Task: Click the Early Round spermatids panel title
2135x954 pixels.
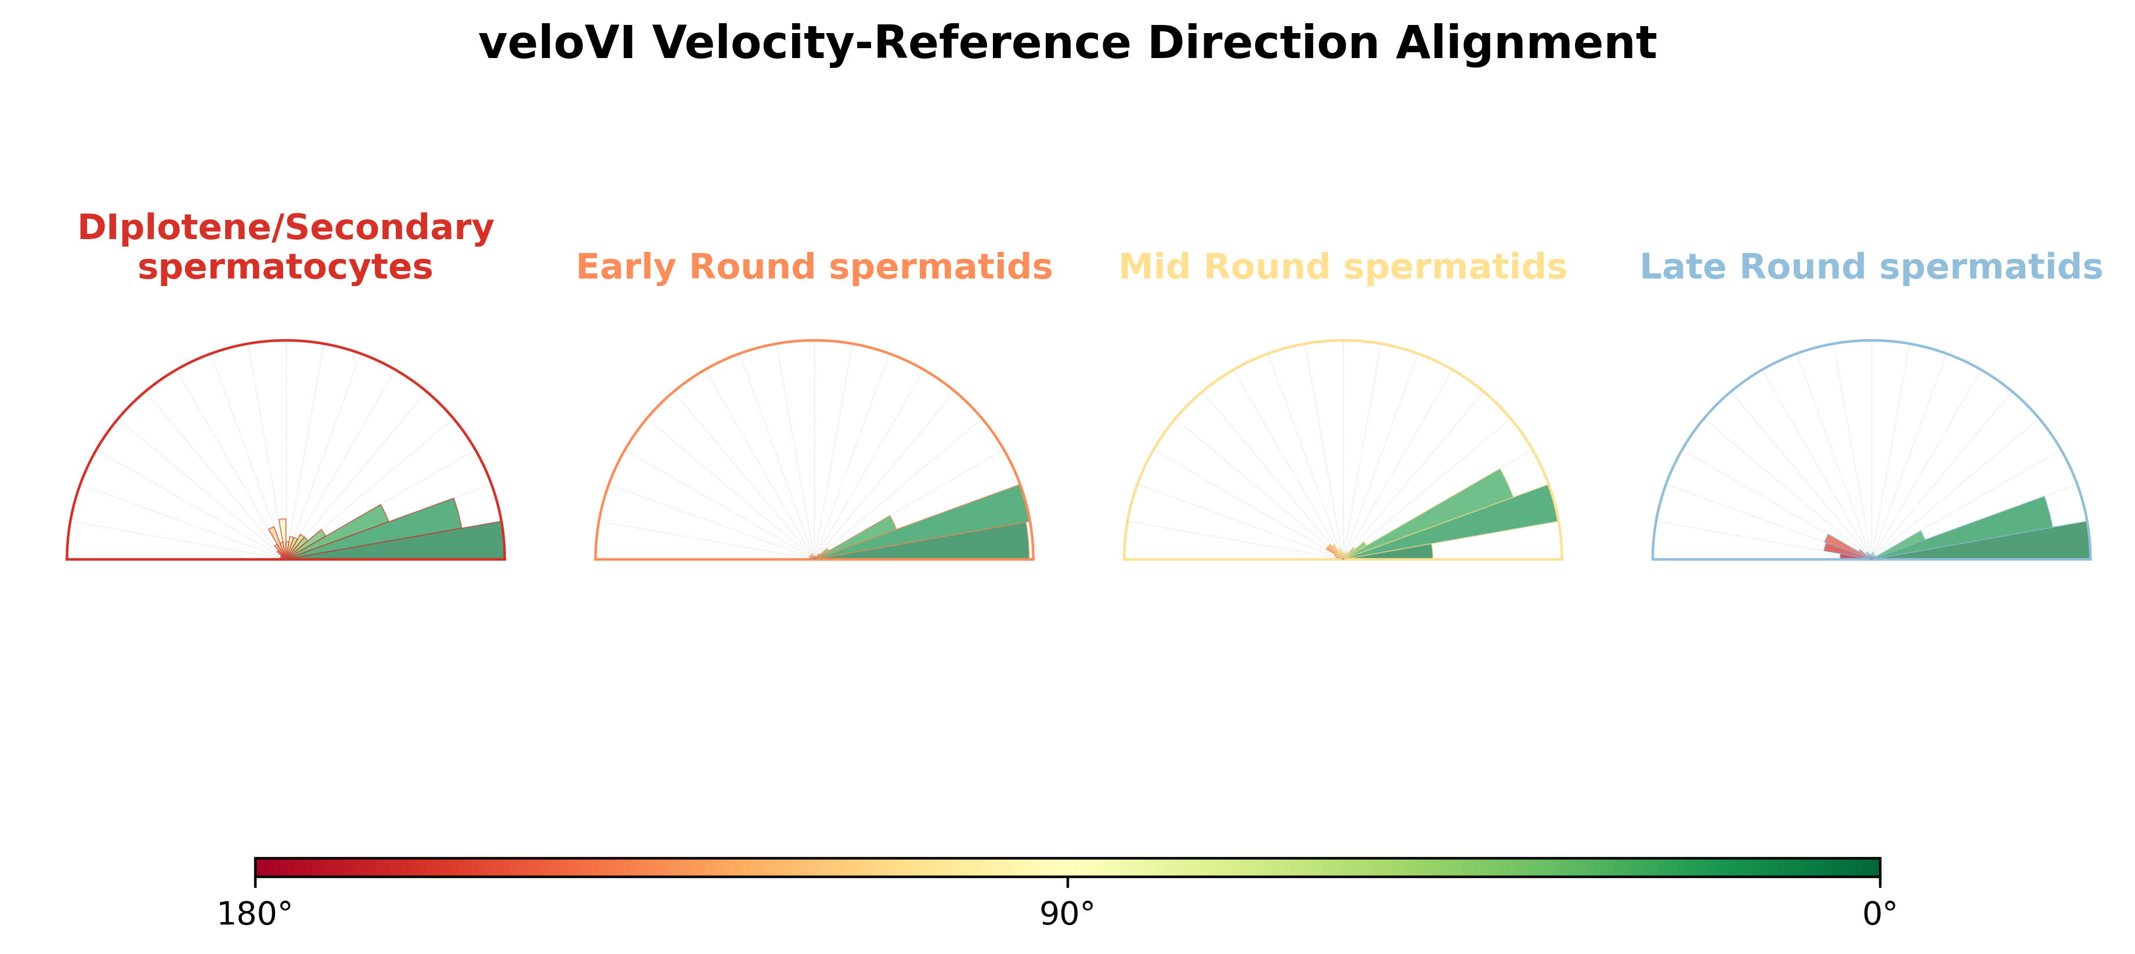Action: [814, 267]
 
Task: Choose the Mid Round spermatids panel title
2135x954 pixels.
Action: [1343, 267]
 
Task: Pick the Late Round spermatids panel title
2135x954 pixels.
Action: [1872, 267]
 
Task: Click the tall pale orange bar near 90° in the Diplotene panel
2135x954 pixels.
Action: [283, 537]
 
